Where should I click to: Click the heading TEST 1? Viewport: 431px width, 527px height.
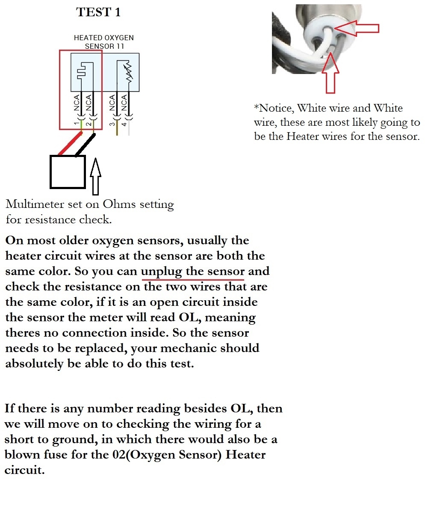click(x=98, y=12)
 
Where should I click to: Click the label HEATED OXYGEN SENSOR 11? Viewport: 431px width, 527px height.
click(x=104, y=41)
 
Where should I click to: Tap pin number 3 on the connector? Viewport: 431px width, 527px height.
click(x=112, y=124)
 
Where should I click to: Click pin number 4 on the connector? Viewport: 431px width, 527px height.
click(x=124, y=124)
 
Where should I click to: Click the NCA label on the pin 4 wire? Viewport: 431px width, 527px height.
click(x=124, y=103)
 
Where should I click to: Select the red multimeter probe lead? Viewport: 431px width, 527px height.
click(x=70, y=143)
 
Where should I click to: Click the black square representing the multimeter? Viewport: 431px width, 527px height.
click(x=68, y=172)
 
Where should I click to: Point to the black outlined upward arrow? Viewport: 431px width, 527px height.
click(x=95, y=176)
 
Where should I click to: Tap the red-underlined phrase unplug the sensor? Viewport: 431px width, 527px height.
click(x=193, y=272)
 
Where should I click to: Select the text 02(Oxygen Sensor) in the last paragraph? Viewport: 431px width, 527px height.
click(x=167, y=455)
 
